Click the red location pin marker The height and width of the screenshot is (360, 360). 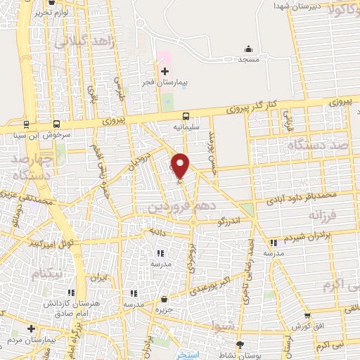(181, 165)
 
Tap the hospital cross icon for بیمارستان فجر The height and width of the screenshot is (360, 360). (165, 71)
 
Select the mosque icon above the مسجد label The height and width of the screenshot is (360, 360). (247, 49)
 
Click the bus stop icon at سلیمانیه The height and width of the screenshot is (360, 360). (186, 117)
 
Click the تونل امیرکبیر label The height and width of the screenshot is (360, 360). (33, 245)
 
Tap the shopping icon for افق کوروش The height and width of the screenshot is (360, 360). (307, 316)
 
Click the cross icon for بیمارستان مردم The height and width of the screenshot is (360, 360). (31, 328)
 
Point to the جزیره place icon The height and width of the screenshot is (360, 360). (164, 299)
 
